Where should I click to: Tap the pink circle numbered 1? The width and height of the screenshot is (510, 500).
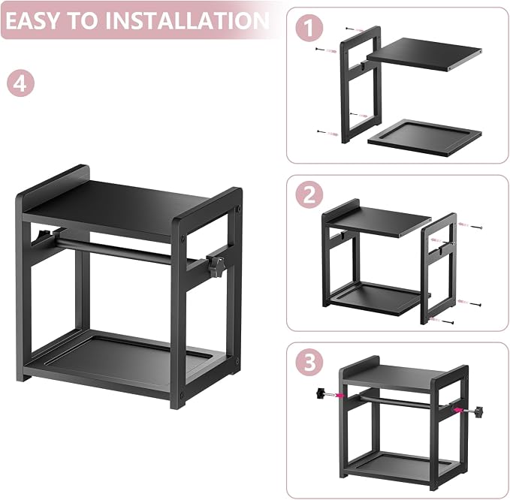(309, 28)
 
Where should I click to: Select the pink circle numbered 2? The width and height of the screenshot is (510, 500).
(309, 195)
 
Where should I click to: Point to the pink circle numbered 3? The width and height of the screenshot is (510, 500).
(309, 362)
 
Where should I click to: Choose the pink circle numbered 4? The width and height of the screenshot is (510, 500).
(20, 83)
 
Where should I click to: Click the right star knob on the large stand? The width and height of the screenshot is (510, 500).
(216, 266)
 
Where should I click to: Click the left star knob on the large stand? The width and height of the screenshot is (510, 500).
(43, 235)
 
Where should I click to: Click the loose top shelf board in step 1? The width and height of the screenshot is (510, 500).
(424, 54)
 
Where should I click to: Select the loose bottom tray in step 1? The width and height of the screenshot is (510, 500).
(424, 137)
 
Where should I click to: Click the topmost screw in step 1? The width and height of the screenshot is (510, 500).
(355, 29)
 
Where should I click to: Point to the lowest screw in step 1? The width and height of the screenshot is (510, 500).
(327, 133)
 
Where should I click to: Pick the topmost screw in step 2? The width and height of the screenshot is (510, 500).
(469, 226)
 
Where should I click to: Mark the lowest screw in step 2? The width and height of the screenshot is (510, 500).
(442, 321)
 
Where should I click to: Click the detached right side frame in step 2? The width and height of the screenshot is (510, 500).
(439, 268)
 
